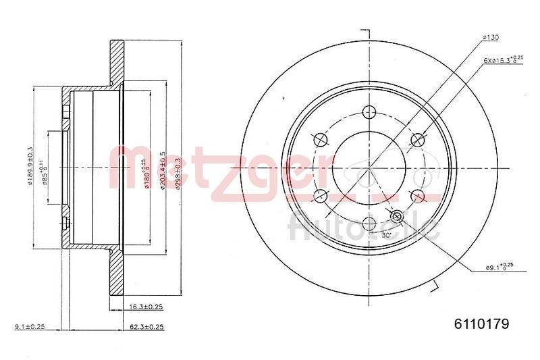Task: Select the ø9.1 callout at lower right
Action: (x=500, y=267)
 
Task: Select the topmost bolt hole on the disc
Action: (x=369, y=112)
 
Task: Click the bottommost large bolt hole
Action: (x=369, y=222)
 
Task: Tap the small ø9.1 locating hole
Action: (x=396, y=216)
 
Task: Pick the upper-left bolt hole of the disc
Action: (x=321, y=140)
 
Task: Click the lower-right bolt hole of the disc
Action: (x=416, y=195)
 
